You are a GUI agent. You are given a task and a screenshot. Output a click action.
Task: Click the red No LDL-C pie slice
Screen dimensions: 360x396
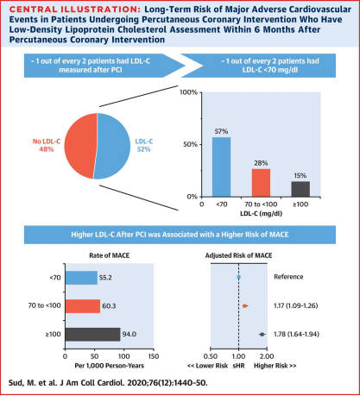[80, 145]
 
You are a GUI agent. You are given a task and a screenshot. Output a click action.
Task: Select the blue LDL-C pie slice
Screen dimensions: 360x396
[113, 146]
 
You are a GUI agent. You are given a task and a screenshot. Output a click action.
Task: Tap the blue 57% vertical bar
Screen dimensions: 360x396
[221, 167]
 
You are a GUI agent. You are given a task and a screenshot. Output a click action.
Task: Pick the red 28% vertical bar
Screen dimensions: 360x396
[261, 183]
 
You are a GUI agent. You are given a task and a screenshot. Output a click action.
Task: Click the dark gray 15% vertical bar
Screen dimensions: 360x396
[300, 189]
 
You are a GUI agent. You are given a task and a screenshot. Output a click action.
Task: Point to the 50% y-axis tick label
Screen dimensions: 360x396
[190, 144]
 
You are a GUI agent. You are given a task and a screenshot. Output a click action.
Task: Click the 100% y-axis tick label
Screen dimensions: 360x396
[188, 92]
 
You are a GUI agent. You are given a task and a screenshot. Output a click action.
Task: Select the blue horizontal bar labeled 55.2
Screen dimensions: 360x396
[81, 278]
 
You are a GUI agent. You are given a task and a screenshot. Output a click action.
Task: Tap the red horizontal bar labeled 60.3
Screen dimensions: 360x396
[83, 306]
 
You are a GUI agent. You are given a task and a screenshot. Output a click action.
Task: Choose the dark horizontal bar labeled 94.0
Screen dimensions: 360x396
[92, 335]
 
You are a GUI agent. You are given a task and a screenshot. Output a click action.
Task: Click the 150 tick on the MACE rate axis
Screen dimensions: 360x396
[154, 356]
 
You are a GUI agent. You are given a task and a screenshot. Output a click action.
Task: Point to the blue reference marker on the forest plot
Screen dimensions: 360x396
[238, 277]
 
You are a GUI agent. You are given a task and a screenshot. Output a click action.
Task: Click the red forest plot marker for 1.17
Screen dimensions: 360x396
[244, 306]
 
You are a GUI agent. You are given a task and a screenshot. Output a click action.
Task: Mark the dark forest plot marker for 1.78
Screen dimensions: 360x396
[262, 334]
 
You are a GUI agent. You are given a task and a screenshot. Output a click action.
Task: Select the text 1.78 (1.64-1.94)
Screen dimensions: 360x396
[296, 334]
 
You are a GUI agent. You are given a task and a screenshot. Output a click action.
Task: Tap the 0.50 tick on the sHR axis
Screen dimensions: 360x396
[211, 356]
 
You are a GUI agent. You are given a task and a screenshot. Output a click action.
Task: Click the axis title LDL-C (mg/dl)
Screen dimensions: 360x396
[261, 214]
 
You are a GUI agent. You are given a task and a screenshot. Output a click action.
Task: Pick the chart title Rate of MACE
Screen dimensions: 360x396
[110, 255]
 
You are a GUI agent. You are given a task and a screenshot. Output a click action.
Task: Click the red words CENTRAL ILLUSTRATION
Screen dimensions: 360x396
[75, 9]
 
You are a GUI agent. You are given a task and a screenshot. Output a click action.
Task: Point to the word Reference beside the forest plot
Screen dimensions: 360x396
[288, 277]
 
